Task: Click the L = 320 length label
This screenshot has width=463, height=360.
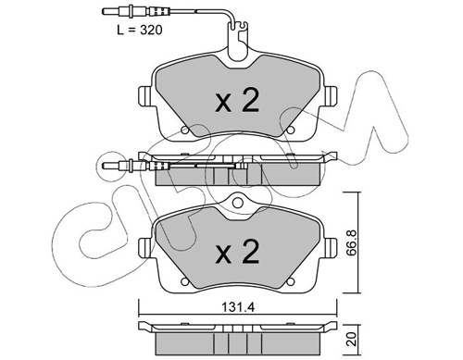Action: pos(140,30)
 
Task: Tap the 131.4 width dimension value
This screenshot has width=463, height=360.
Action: pos(238,307)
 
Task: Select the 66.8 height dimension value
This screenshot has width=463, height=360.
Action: pos(352,242)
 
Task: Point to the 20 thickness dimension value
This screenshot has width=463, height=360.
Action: pos(353,339)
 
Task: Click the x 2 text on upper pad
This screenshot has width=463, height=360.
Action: pos(237,100)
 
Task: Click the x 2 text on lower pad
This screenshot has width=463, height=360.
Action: pos(237,252)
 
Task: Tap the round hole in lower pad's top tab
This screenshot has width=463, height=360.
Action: pos(237,203)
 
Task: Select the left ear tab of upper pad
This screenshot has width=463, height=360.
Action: pos(145,96)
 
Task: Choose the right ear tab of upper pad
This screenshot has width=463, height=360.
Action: pos(330,96)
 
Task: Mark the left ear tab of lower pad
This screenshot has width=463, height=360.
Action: pos(145,248)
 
